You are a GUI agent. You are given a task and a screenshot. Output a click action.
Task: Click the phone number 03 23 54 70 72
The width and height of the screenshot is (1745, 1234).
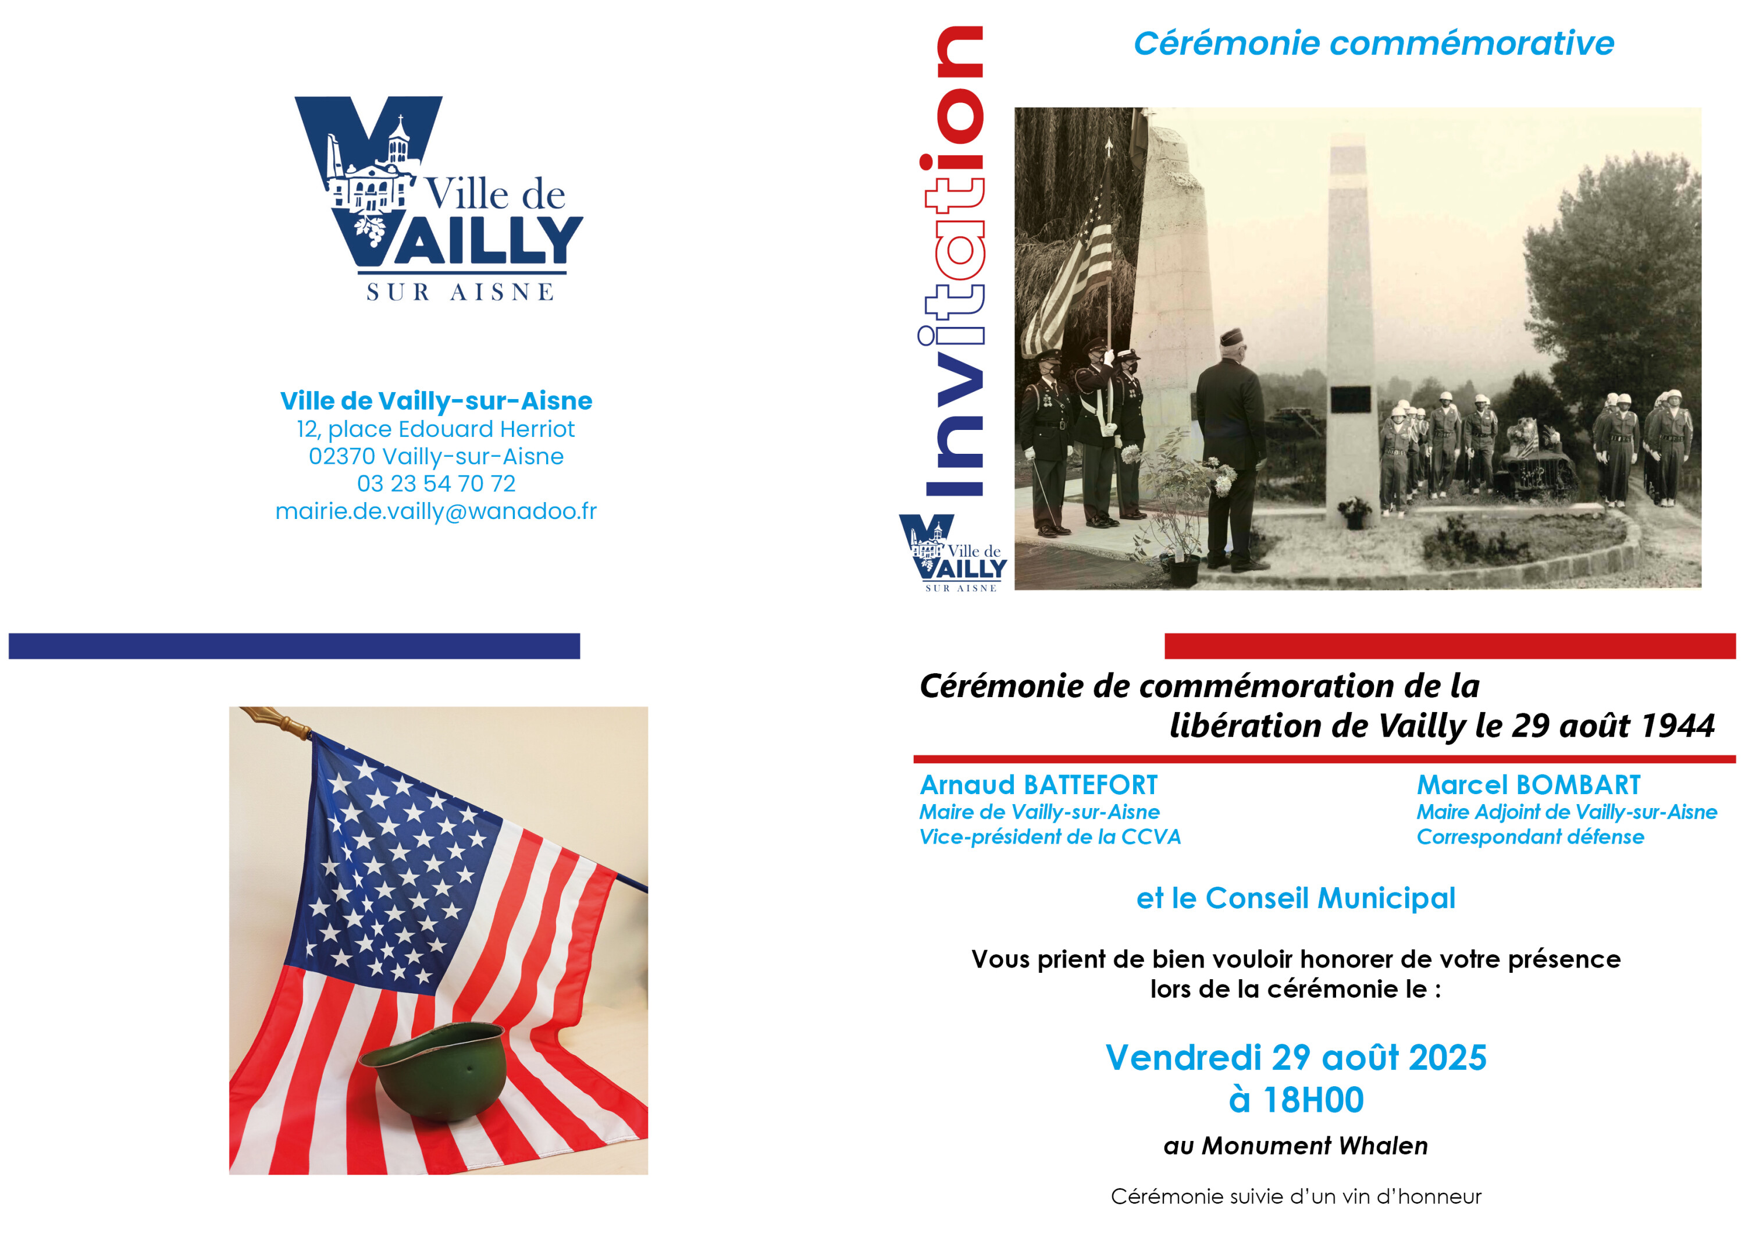(x=436, y=483)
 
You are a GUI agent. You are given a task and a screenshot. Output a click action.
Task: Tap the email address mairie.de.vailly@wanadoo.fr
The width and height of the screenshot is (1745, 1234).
(x=436, y=511)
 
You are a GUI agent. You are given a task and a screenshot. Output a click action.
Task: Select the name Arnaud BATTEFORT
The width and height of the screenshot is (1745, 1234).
(x=1039, y=785)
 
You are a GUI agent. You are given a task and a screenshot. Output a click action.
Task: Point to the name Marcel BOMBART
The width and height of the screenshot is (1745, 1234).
(x=1529, y=785)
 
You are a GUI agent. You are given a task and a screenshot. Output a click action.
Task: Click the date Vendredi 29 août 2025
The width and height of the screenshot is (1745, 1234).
(x=1296, y=1058)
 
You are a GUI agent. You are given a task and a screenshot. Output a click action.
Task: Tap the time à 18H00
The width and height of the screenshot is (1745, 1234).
(x=1296, y=1100)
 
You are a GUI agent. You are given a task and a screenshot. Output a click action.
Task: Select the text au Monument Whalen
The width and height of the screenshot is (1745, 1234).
(x=1296, y=1146)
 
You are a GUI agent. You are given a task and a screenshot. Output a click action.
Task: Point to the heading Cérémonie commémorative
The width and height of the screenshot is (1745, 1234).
(x=1374, y=43)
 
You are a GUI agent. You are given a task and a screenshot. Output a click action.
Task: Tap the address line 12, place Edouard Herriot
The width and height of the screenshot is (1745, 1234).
(x=436, y=429)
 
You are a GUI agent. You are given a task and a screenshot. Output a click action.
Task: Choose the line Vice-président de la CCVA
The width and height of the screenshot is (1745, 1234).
(x=1050, y=837)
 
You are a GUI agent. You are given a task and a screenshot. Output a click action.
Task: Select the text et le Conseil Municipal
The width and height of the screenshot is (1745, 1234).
(x=1296, y=898)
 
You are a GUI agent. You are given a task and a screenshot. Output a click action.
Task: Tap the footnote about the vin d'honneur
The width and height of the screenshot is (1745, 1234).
(x=1296, y=1197)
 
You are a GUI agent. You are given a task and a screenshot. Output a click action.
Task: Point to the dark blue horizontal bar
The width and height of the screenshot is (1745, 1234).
(x=294, y=646)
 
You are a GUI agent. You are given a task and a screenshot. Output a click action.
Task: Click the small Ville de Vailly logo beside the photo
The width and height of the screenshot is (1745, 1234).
(x=953, y=553)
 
